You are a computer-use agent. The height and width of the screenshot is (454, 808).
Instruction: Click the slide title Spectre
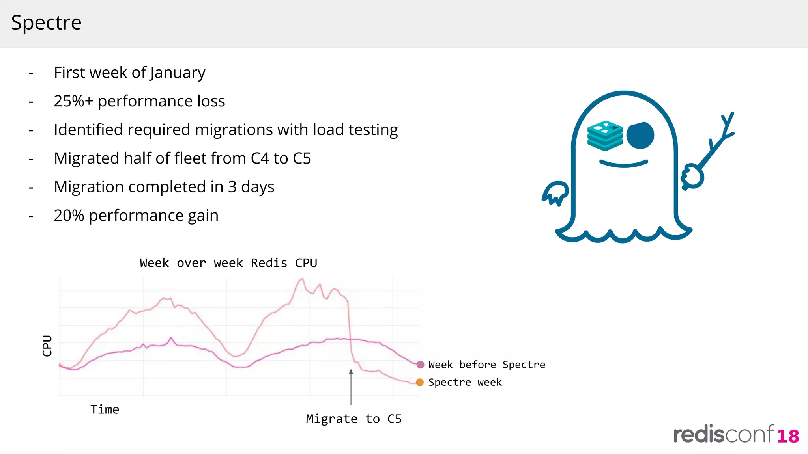pos(46,23)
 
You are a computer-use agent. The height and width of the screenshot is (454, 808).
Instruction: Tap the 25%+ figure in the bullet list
pos(73,101)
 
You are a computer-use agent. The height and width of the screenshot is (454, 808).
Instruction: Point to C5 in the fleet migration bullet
pos(301,158)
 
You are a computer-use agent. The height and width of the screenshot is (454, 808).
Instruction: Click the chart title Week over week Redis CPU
pos(228,263)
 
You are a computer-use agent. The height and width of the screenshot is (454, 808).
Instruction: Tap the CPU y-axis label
pos(47,346)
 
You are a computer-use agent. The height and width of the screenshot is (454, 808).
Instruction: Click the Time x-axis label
pos(105,409)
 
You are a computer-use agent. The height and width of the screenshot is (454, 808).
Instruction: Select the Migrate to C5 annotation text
pos(353,419)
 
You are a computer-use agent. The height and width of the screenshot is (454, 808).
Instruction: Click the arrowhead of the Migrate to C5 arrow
pos(351,372)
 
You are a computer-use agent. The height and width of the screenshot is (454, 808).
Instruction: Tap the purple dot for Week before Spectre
pos(420,365)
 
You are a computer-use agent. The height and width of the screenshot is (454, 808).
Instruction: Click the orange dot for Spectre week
pos(420,382)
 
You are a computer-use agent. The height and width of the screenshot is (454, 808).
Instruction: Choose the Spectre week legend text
pos(465,382)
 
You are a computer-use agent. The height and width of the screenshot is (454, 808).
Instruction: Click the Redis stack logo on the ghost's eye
pos(605,136)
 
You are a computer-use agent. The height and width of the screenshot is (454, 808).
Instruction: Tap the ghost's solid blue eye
pos(640,136)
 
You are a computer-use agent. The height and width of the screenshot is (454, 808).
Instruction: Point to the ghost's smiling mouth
pos(623,164)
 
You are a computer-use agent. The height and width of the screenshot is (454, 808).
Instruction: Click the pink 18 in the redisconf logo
pos(788,436)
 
